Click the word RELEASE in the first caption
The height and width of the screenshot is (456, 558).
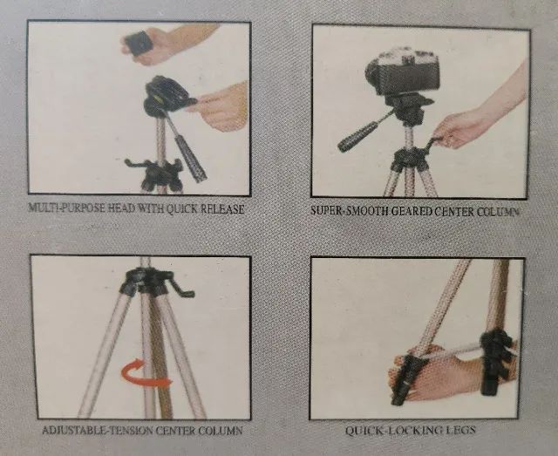(223, 209)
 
